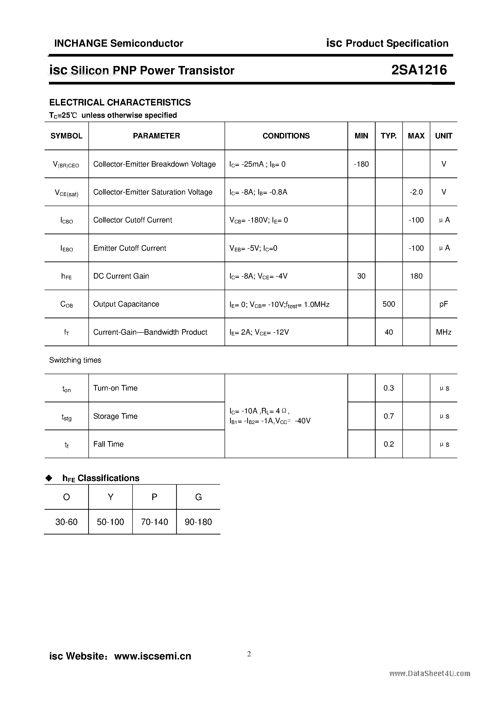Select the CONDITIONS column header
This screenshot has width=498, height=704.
pyautogui.click(x=286, y=136)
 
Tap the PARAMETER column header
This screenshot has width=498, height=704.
pyautogui.click(x=156, y=136)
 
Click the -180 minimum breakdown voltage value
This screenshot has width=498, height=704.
pyautogui.click(x=361, y=164)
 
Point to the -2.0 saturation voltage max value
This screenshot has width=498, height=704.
pyautogui.click(x=416, y=192)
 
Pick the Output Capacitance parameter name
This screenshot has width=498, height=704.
pyautogui.click(x=126, y=304)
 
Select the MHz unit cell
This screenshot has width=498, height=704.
pyautogui.click(x=443, y=332)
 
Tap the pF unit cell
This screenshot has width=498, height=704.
pyautogui.click(x=443, y=304)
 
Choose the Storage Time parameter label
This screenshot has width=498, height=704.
pyautogui.click(x=115, y=416)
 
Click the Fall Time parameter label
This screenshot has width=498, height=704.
pyautogui.click(x=108, y=444)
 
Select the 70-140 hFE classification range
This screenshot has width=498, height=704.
pyautogui.click(x=154, y=522)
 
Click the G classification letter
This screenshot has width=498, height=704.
pyautogui.click(x=198, y=497)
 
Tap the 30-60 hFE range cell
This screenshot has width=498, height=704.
pyautogui.click(x=66, y=522)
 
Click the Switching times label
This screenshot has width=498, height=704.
pyautogui.click(x=75, y=360)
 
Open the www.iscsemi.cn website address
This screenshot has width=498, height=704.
pyautogui.click(x=153, y=656)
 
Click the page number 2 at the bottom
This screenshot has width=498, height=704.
pyautogui.click(x=249, y=654)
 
